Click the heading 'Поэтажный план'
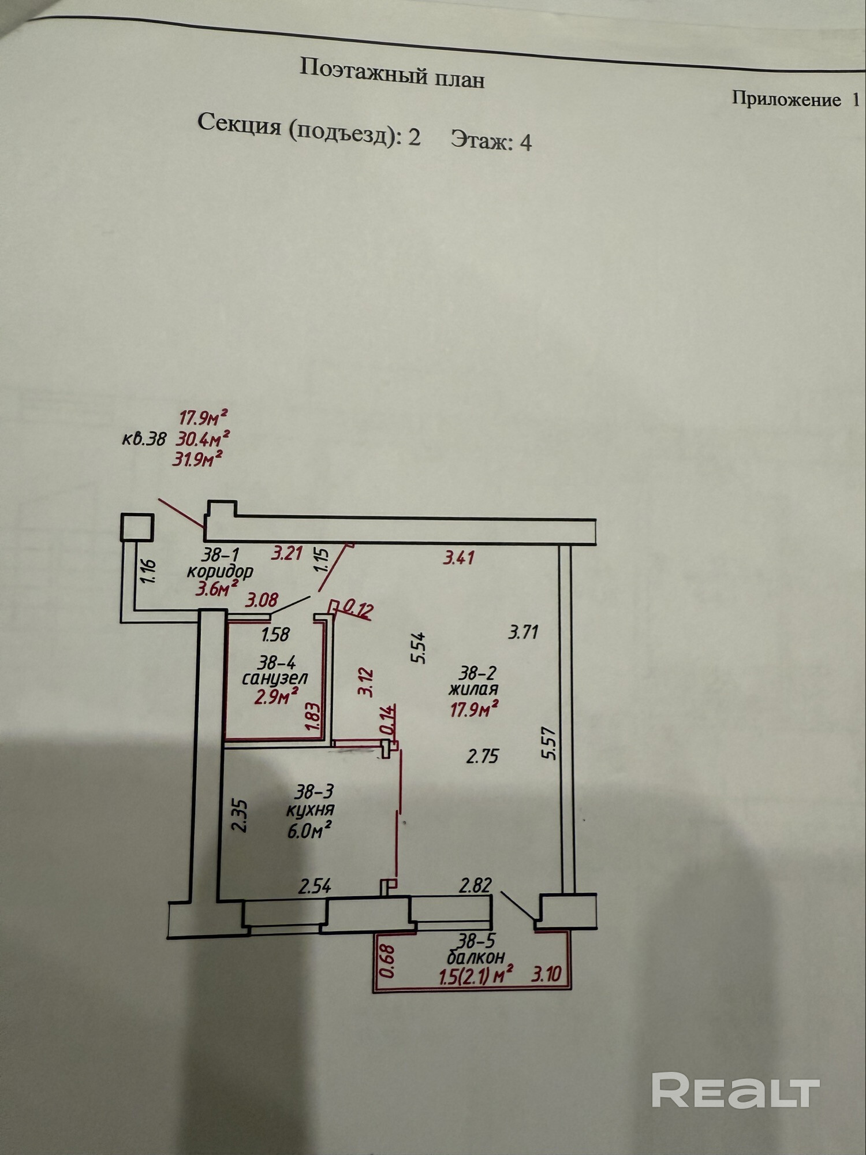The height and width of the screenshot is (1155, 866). click(x=392, y=74)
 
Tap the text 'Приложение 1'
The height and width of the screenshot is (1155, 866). click(x=796, y=99)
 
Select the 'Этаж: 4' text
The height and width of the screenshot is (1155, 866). click(x=491, y=140)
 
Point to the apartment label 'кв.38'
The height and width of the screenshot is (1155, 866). click(x=144, y=439)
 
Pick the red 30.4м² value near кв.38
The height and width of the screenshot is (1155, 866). click(x=203, y=439)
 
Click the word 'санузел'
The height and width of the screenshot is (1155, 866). click(x=275, y=678)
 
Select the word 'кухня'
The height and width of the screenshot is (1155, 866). click(x=310, y=810)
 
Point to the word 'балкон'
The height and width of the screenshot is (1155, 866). click(x=476, y=957)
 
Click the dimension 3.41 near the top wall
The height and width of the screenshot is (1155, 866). click(x=459, y=557)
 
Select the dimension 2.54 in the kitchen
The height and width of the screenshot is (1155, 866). click(x=315, y=886)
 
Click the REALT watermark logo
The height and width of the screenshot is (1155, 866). click(x=736, y=1090)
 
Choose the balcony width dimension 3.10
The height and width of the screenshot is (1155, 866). click(x=546, y=975)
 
